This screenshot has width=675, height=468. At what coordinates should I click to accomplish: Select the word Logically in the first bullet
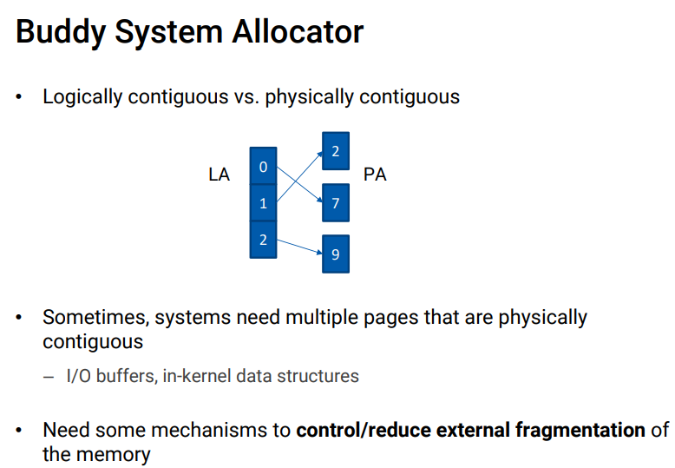pyautogui.click(x=82, y=96)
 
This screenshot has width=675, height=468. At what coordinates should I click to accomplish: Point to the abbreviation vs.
pyautogui.click(x=246, y=96)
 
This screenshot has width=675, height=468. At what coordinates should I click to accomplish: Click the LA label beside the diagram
pyautogui.click(x=220, y=175)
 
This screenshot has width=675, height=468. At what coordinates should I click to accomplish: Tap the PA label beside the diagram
pyautogui.click(x=375, y=175)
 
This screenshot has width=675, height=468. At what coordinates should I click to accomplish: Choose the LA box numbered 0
pyautogui.click(x=263, y=166)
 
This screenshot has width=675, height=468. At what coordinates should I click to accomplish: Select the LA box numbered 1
pyautogui.click(x=263, y=203)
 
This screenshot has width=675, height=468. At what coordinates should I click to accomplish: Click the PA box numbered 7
pyautogui.click(x=336, y=203)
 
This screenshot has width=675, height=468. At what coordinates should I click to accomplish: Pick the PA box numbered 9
pyautogui.click(x=336, y=254)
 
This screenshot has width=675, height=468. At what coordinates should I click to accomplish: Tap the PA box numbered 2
pyautogui.click(x=336, y=152)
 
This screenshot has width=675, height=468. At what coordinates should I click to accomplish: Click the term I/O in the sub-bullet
pyautogui.click(x=78, y=376)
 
